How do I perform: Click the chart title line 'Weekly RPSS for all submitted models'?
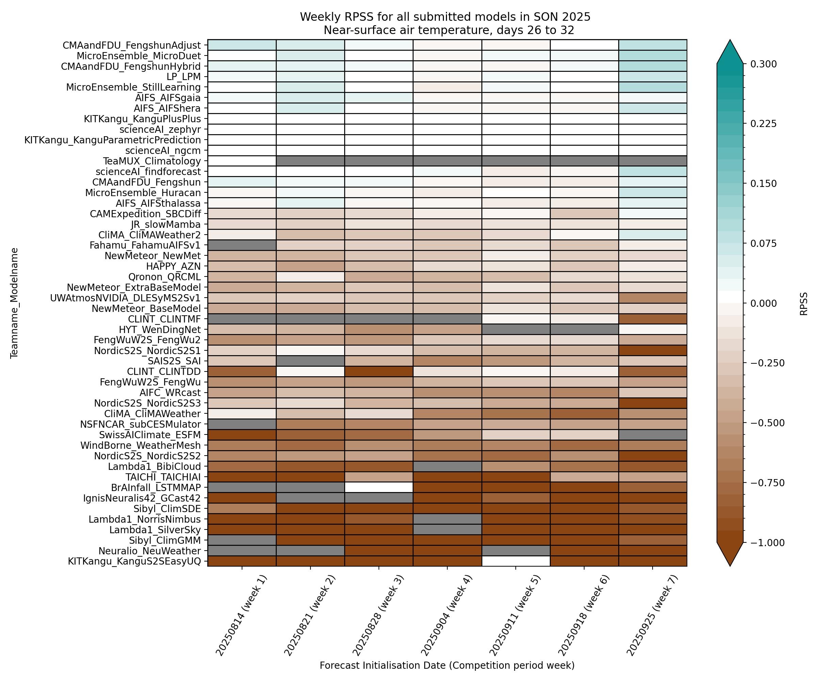point(445,17)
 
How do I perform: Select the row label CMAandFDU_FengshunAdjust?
point(131,45)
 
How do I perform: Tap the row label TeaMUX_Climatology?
point(152,161)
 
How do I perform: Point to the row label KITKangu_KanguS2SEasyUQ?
point(134,561)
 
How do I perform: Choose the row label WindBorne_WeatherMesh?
point(141,445)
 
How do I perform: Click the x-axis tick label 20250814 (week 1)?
point(241,616)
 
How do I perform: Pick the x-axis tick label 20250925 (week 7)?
point(652,616)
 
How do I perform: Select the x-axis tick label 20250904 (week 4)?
point(447,616)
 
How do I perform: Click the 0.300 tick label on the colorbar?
point(763,64)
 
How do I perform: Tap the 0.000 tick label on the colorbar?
point(763,303)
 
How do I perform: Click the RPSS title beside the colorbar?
point(803,303)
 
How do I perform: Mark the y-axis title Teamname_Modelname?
point(14,303)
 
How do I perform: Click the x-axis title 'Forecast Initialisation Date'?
point(447,665)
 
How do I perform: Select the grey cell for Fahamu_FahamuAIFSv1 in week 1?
point(242,245)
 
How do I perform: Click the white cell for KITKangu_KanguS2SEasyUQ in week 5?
point(515,561)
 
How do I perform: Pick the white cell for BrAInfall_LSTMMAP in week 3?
point(379,487)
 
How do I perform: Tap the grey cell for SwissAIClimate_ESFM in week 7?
point(653,435)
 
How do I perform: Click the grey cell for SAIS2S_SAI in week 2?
point(310,361)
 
